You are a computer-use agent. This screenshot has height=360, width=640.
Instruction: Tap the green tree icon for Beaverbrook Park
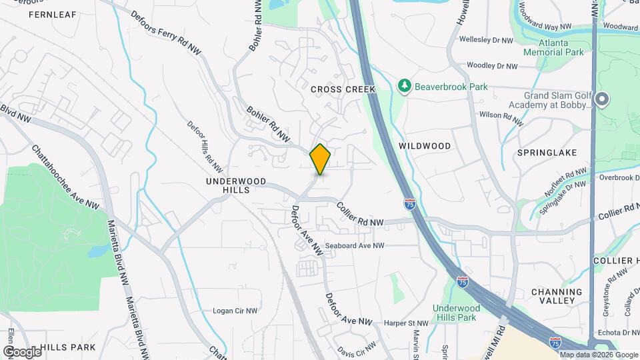(404, 86)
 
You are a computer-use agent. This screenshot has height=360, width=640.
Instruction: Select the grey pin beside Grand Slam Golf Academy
(602, 100)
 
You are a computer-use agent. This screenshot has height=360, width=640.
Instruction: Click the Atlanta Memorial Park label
(553, 47)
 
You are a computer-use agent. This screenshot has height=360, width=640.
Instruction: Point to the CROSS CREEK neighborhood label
(343, 89)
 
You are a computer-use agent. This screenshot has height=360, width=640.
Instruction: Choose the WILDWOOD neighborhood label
(425, 145)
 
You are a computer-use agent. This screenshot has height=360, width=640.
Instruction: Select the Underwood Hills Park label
(456, 313)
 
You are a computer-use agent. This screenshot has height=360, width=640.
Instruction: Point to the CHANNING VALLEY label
(557, 296)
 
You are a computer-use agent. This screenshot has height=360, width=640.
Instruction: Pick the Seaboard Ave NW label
(355, 245)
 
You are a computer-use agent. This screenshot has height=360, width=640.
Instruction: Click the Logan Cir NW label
(235, 311)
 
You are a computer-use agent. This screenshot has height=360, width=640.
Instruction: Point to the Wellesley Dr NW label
(486, 41)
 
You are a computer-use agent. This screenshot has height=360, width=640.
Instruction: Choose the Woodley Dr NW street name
(492, 66)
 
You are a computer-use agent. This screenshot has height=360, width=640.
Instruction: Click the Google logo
(22, 351)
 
